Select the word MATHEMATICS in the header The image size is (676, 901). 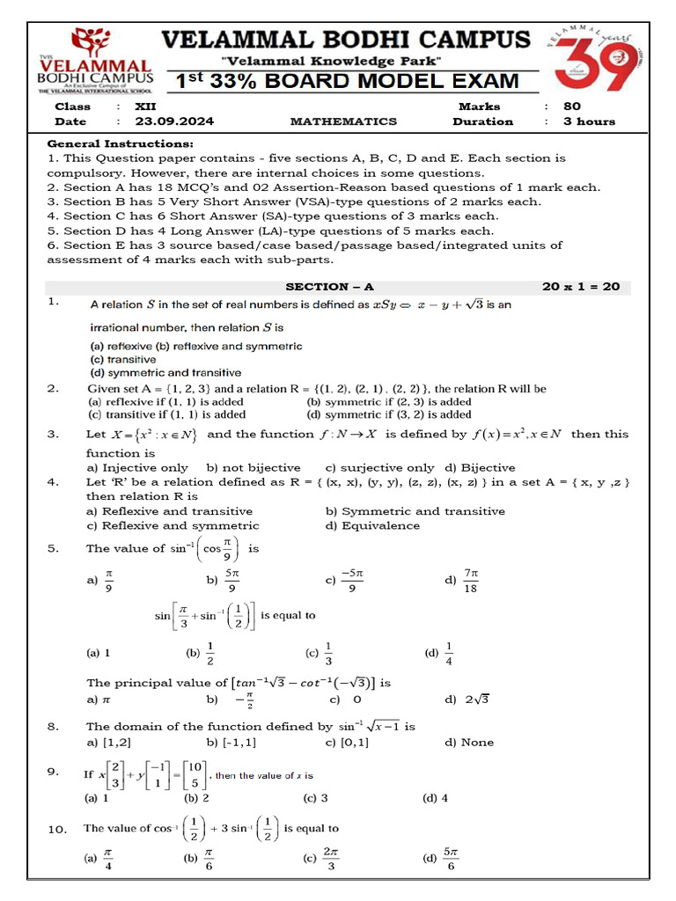pos(343,121)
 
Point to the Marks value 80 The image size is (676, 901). pos(572,106)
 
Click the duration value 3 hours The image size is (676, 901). pos(589,121)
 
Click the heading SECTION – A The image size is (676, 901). pos(329,287)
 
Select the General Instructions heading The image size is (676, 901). pos(121,143)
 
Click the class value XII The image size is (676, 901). pos(145,106)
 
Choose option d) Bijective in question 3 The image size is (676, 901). pos(480,468)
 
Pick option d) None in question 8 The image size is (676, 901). pos(469,743)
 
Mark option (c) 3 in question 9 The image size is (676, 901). pos(315,799)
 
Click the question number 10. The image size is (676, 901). pos(57,829)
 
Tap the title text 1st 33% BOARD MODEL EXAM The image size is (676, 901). pos(347,82)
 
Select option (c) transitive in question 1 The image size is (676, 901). pos(123,360)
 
